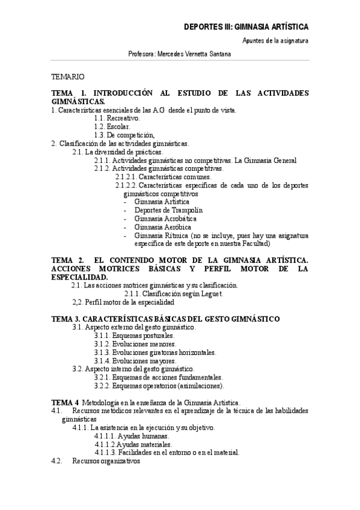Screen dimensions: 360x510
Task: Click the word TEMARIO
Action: point(68,77)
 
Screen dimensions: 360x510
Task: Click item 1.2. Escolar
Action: point(111,127)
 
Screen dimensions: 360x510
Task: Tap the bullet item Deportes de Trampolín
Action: point(169,210)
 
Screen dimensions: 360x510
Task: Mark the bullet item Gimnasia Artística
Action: point(162,201)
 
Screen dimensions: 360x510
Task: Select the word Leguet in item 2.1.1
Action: point(212,293)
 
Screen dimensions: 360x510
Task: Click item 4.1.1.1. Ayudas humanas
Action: point(132,436)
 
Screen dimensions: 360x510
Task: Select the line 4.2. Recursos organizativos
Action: point(96,461)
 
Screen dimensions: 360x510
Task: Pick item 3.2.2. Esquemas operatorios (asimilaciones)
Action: point(159,386)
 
